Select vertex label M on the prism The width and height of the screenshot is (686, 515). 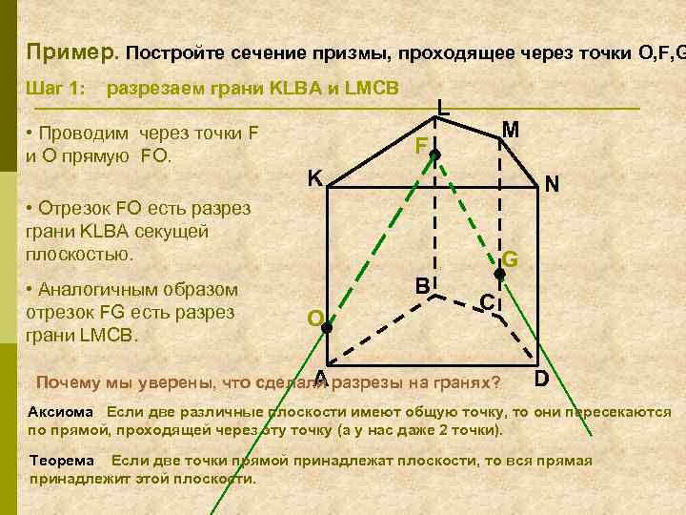511,130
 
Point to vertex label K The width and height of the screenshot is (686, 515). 313,178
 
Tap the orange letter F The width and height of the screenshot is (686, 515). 421,146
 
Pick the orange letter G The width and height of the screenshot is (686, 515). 511,258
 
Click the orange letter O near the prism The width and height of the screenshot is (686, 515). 314,317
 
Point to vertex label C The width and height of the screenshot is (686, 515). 486,302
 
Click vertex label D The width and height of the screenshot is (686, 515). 541,379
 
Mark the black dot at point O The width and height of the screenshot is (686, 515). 326,327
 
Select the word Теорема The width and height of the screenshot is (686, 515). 62,461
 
